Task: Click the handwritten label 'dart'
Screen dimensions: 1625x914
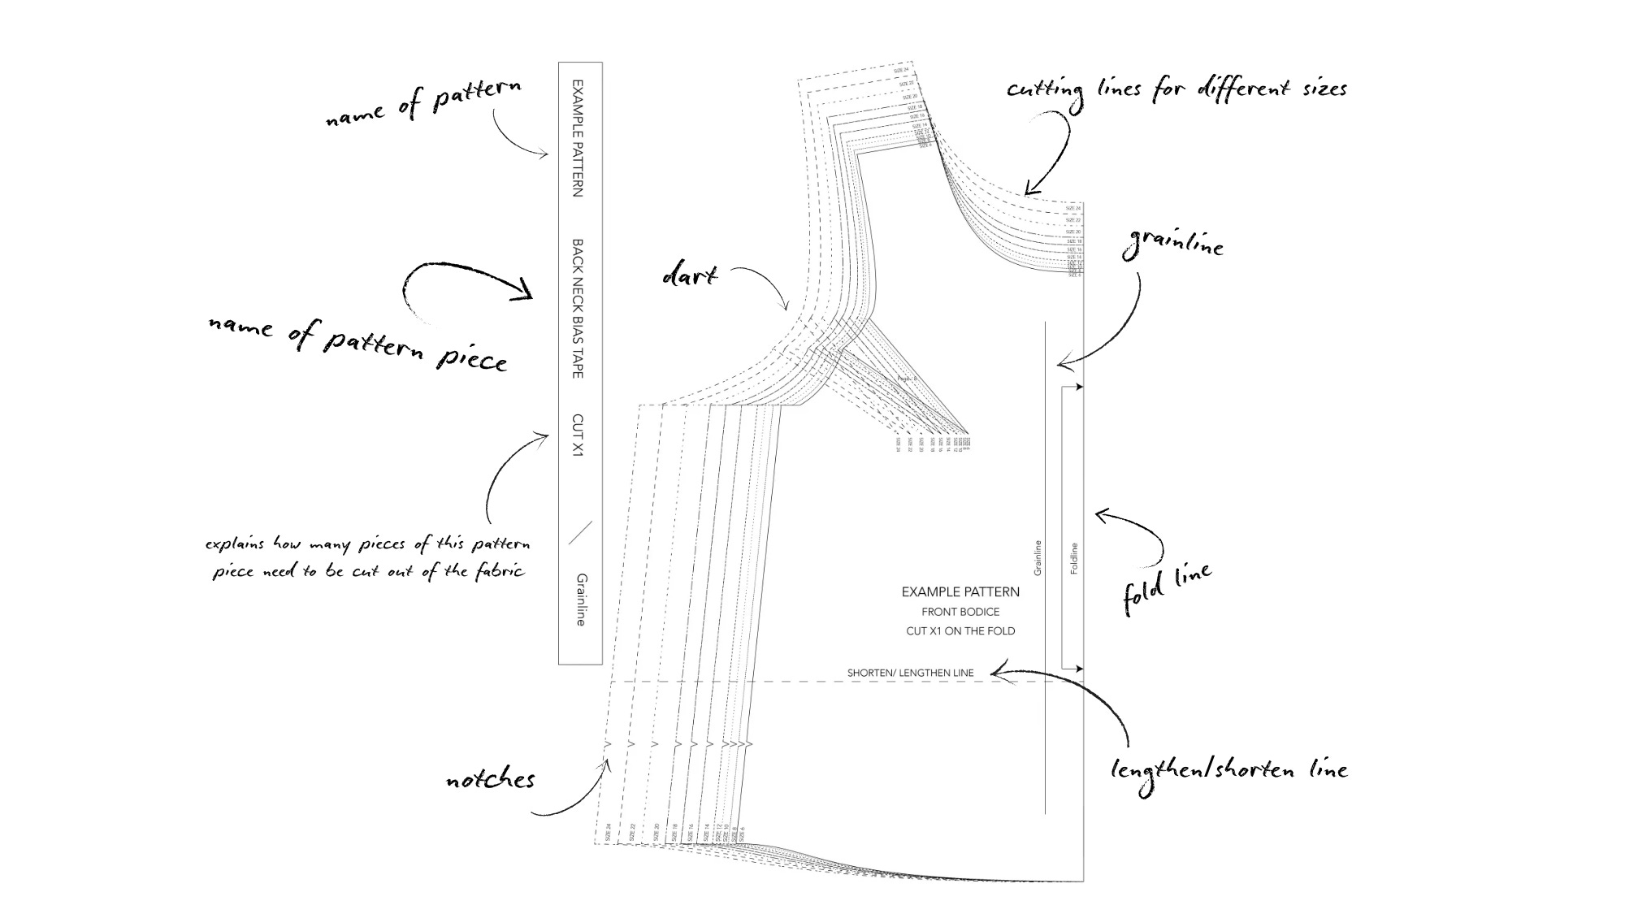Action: (690, 275)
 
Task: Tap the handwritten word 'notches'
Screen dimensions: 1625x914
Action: (490, 780)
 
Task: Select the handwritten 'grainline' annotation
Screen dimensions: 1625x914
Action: (1173, 243)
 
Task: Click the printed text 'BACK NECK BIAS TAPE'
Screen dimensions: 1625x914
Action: (578, 308)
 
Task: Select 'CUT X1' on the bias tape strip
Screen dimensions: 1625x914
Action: (578, 435)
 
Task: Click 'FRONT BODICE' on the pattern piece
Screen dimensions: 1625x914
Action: (960, 612)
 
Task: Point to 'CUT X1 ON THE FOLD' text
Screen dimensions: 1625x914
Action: (960, 630)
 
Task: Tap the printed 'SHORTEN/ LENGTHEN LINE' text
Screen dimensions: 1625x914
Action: (910, 673)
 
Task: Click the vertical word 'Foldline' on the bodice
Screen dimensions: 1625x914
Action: (1074, 559)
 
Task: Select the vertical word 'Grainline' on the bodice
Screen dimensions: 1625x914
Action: (1038, 558)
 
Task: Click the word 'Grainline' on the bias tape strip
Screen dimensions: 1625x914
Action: (581, 600)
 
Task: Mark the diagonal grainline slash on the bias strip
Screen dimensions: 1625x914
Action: (580, 532)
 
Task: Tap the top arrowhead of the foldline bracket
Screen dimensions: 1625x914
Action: (1078, 388)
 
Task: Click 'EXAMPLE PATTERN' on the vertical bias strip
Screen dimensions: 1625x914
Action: (578, 137)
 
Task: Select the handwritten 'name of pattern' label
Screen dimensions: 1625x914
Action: (422, 104)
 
